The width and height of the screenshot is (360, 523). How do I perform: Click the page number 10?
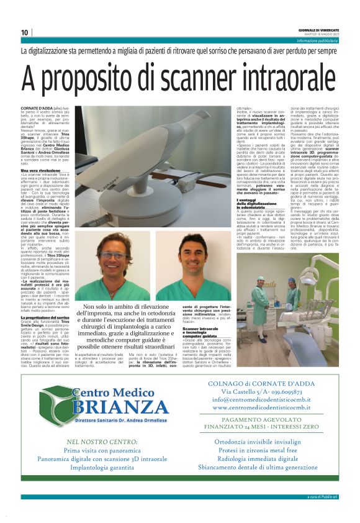(25, 32)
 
